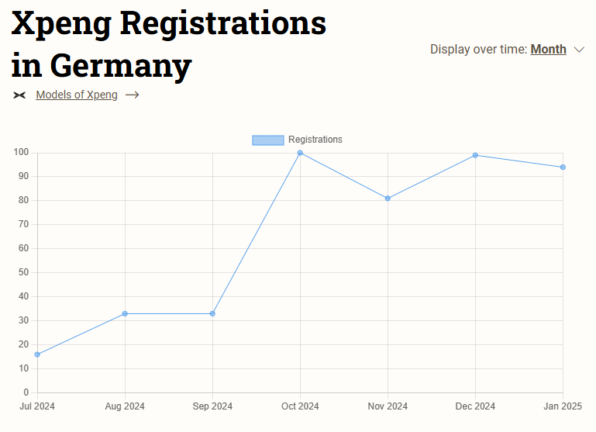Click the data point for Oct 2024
point(300,153)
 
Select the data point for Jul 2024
point(37,354)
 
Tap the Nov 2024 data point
point(388,199)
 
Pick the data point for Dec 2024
point(475,155)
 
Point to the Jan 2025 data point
point(563,168)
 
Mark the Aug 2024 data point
point(125,313)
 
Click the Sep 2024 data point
point(212,313)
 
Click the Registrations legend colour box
point(267,140)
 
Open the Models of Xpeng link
point(77,95)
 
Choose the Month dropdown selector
point(548,50)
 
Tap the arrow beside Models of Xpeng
point(132,95)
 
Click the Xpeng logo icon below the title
point(19,95)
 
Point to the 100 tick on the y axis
point(21,153)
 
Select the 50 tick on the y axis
point(23,272)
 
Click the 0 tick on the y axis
point(26,392)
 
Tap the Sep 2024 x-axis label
point(212,406)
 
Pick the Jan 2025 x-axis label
point(563,406)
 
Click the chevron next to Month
point(579,50)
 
